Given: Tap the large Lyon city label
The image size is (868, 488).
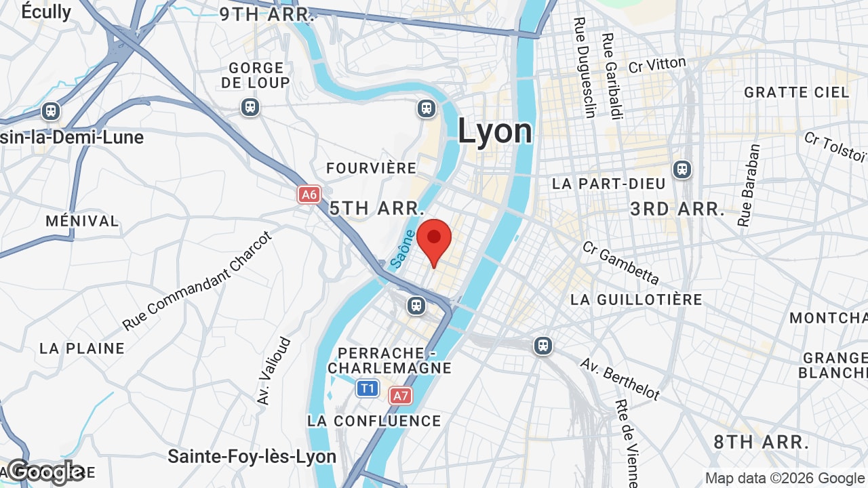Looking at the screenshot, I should click(494, 131).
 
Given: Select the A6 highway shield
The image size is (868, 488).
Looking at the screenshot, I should click(309, 195).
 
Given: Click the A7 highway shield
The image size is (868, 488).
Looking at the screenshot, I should click(400, 396).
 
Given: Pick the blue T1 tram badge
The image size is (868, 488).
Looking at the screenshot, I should click(367, 388).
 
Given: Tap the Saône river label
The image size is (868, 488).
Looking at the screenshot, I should click(403, 248).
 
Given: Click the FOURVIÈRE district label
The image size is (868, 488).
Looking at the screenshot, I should click(371, 168).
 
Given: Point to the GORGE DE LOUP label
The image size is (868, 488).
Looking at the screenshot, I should click(256, 75).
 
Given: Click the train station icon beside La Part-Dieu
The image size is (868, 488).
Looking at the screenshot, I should click(682, 169).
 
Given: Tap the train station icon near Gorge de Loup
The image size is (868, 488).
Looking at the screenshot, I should click(250, 107).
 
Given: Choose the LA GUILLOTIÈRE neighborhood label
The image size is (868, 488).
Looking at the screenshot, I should click(636, 299).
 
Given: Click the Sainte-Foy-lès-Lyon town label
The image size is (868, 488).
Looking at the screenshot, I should click(252, 456).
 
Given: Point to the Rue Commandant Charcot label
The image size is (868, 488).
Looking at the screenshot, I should click(197, 281).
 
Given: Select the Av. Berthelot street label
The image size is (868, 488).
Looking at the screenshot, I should click(619, 378).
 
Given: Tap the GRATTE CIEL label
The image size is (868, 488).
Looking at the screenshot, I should click(796, 92).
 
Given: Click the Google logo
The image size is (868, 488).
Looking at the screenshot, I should click(46, 472).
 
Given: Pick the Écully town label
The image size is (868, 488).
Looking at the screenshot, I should click(46, 12).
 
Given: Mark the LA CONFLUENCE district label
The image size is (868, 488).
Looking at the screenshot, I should click(374, 421).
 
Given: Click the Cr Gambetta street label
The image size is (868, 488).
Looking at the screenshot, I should click(620, 262).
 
